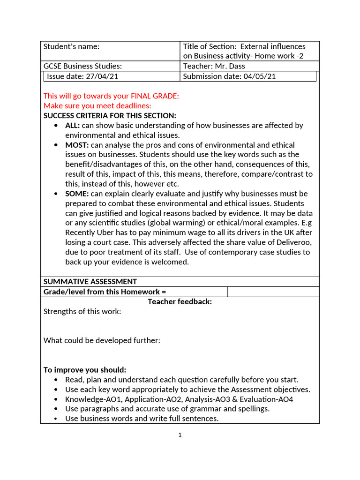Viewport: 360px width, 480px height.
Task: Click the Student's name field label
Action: click(71, 46)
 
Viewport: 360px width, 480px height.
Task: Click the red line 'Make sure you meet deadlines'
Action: click(97, 106)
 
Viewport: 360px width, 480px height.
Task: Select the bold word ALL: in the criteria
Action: click(73, 126)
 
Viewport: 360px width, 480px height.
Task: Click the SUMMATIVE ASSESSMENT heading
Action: click(90, 282)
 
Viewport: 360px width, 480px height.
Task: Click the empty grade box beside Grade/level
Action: click(273, 292)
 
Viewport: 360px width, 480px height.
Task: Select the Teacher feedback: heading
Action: click(180, 302)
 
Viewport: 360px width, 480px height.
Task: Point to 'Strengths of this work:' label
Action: click(82, 311)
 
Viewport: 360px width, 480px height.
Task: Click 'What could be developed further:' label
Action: click(102, 340)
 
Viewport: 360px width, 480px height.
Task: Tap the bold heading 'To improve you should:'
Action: click(85, 370)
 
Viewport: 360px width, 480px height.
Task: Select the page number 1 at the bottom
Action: click(180, 435)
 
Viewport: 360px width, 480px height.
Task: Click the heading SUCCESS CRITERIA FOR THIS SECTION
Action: click(110, 116)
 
